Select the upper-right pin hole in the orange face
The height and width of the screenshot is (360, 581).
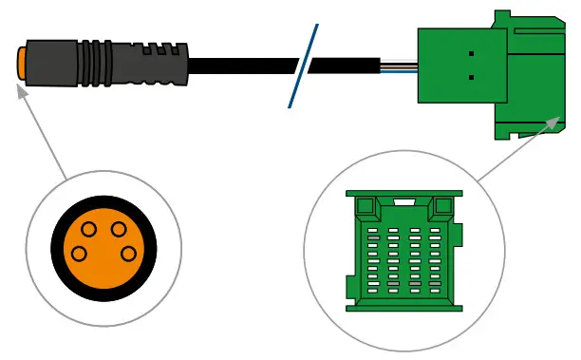point(118,229)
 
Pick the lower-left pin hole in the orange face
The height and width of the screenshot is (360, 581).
point(81,254)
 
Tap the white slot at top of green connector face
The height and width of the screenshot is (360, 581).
point(403,202)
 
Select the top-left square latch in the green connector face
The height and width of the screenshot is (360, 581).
point(365,206)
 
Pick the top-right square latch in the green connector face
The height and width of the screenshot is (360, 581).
point(442,206)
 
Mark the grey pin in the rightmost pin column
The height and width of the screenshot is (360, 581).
point(435,283)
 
